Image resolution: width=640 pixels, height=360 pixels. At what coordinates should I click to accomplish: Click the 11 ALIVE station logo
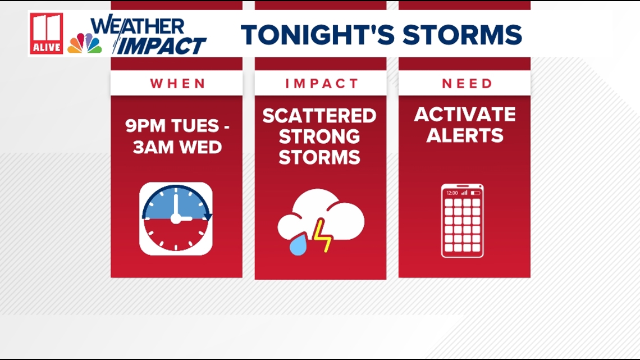click(47, 34)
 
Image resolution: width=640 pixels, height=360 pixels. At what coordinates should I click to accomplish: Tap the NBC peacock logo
click(84, 43)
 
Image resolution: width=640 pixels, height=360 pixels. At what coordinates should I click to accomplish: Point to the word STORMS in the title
click(463, 35)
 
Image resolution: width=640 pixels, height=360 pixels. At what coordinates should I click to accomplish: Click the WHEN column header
click(177, 84)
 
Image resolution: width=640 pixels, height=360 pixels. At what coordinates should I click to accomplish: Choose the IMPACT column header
click(322, 84)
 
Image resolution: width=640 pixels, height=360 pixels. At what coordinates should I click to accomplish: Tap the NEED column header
click(467, 84)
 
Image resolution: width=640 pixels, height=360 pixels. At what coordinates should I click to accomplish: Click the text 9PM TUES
click(172, 126)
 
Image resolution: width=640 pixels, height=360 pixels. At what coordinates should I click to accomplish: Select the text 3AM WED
click(177, 147)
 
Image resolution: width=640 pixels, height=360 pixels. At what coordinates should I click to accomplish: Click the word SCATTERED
click(319, 116)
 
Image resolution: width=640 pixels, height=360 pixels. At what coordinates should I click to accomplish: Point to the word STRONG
click(319, 136)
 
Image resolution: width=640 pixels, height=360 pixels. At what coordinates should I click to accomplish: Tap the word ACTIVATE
click(465, 114)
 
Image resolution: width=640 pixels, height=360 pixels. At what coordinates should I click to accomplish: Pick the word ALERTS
click(465, 135)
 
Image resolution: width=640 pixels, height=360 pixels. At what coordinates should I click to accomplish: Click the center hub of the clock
click(176, 219)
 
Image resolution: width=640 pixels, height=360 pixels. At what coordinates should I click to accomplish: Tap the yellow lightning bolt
click(322, 235)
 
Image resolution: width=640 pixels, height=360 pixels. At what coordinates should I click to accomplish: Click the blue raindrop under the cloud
click(298, 244)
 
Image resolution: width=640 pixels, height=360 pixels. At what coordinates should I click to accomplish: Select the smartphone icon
click(463, 221)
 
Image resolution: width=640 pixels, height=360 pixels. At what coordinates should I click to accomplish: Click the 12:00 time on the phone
click(452, 193)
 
